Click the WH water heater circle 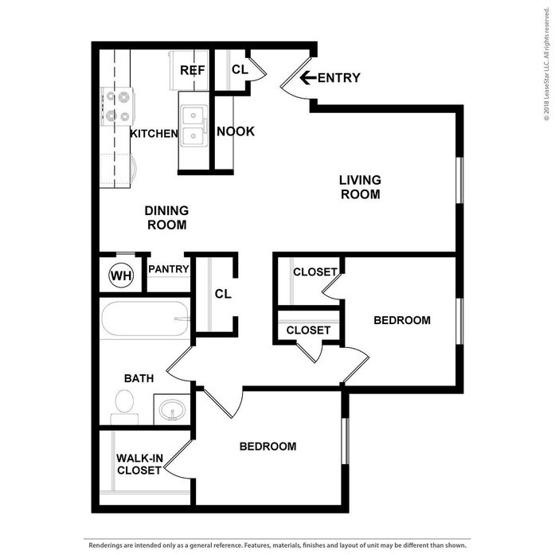[x=121, y=275]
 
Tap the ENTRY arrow [x=308, y=77]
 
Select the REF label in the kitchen [x=192, y=70]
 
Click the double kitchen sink [x=193, y=126]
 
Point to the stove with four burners [x=118, y=107]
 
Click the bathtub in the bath [x=145, y=319]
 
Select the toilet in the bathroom [x=124, y=407]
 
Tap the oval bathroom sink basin [x=172, y=410]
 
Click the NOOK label [x=236, y=131]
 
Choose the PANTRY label [x=169, y=269]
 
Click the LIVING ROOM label [x=360, y=187]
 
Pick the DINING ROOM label [x=166, y=217]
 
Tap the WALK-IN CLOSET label [x=139, y=464]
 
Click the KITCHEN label [x=154, y=134]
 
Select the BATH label [x=139, y=378]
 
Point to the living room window [x=459, y=180]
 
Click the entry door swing [x=295, y=80]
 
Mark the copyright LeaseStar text [x=547, y=64]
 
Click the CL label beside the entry [x=240, y=69]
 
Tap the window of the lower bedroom [x=345, y=441]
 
